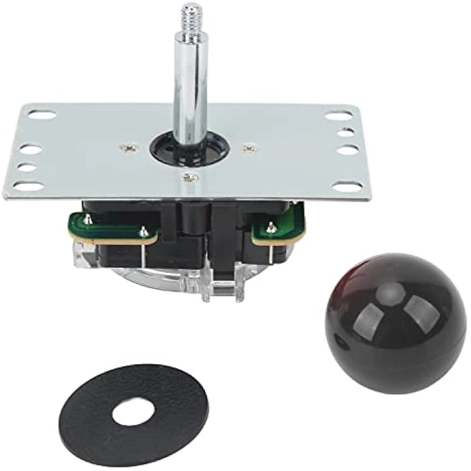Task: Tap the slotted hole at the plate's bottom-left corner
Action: pos(27,186)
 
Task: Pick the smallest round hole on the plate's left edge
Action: pos(26,167)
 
